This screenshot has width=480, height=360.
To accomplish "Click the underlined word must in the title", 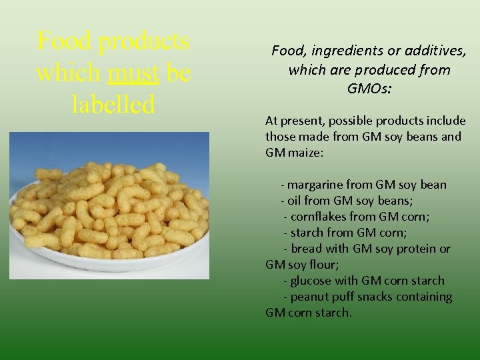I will [x=133, y=73].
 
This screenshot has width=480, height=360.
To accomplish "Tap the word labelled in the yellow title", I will [x=113, y=103].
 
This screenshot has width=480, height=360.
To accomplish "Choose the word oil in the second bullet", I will [x=295, y=201].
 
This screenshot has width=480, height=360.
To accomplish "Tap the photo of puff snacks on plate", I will [x=109, y=205].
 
